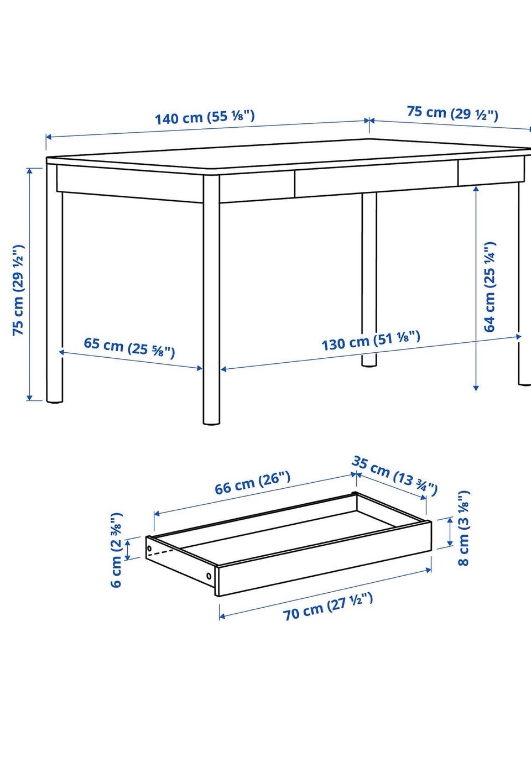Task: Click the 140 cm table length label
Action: [x=205, y=117]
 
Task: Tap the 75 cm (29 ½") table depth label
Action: [x=452, y=113]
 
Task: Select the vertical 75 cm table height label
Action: [x=18, y=290]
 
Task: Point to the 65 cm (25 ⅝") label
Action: [x=129, y=348]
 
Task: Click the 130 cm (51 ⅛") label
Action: [x=371, y=341]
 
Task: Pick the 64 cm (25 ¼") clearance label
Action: [x=490, y=286]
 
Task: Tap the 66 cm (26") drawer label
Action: [x=252, y=483]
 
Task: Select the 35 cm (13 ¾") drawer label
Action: [x=394, y=475]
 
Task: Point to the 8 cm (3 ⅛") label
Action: [x=463, y=528]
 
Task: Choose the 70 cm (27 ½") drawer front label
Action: [x=328, y=607]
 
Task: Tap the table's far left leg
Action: [x=54, y=283]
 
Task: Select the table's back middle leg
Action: [x=369, y=279]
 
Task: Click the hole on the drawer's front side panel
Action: [x=209, y=576]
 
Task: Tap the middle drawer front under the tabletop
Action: [x=376, y=182]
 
